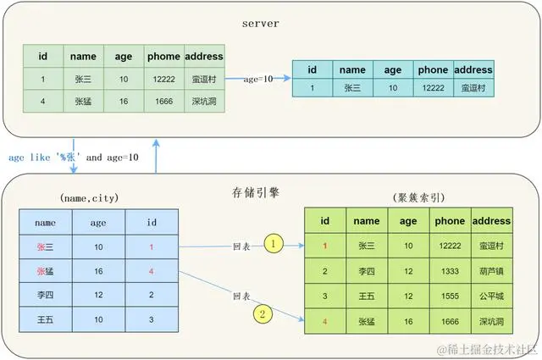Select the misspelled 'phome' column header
tap(163, 57)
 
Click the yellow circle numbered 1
tap(274, 244)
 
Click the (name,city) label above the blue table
tap(88, 197)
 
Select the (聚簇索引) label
tap(412, 197)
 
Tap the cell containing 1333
tap(450, 271)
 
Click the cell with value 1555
tap(450, 296)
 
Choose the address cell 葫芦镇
tap(491, 271)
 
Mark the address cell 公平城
tap(491, 296)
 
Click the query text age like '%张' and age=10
tap(74, 157)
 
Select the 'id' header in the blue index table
tap(152, 222)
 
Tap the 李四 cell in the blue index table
tap(46, 295)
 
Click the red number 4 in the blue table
tap(152, 271)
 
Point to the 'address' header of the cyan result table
tap(473, 69)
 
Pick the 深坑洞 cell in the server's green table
tap(203, 100)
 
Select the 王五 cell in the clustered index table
tap(367, 296)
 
